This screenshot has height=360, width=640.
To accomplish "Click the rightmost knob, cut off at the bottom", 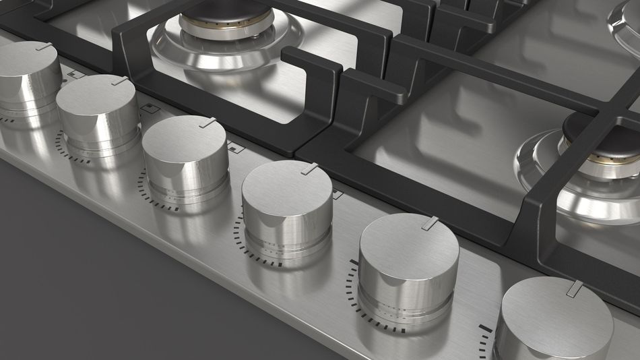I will click(x=556, y=320).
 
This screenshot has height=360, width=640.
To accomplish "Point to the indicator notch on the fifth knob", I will click(x=430, y=223).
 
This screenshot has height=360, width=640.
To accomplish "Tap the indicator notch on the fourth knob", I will click(x=310, y=169).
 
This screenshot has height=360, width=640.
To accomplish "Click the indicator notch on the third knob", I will click(x=208, y=123).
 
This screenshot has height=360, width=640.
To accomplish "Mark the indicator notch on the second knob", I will click(x=120, y=81).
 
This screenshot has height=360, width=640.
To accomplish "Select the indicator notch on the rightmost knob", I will click(x=575, y=289).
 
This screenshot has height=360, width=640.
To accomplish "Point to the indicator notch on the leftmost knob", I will click(x=44, y=47).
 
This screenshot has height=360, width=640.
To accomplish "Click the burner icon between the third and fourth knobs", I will click(x=236, y=148).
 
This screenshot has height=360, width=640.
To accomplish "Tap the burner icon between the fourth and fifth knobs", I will click(x=338, y=194).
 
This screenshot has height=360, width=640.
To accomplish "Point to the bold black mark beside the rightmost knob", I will click(x=485, y=328).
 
